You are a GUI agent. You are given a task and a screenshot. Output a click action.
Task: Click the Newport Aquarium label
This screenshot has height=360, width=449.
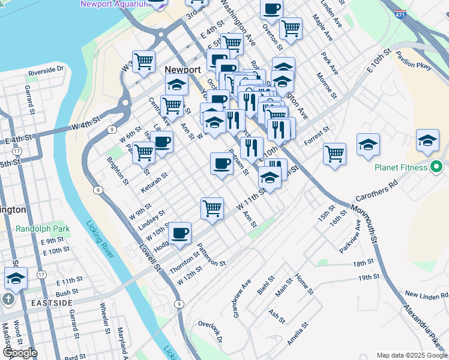(x=115, y=4)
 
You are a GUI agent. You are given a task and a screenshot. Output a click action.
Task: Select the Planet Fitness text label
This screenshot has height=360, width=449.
(x=402, y=167)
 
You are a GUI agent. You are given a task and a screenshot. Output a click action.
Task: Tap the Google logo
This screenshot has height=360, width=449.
(x=20, y=353)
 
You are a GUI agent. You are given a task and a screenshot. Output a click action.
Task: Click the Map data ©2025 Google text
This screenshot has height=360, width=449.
(x=412, y=355)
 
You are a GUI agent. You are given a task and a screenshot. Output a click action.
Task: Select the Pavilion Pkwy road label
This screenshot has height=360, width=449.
(x=414, y=60)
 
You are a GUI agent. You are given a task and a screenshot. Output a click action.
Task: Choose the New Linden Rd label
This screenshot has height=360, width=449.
(x=427, y=295)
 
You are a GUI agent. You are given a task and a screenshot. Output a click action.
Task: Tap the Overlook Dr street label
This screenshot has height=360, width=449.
(x=211, y=332)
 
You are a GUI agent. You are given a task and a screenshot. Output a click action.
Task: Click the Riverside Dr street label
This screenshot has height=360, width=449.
(x=46, y=70)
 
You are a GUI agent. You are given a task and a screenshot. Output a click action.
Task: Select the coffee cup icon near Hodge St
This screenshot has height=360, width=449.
(x=179, y=232)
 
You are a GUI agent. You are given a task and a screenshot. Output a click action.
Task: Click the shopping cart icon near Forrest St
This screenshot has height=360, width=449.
(x=334, y=152)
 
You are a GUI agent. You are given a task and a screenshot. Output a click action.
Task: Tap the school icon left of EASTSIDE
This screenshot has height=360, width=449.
(x=16, y=278)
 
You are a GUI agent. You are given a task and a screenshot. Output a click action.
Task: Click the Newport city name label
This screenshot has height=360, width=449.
(x=182, y=70)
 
